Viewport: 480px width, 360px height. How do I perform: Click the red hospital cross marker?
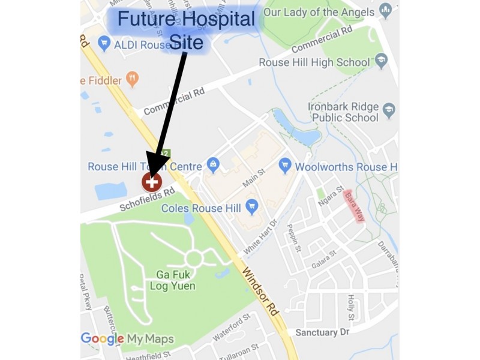pos(151,181)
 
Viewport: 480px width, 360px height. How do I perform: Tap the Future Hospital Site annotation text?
pos(186,30)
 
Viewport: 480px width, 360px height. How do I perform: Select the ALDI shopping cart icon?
pos(104,43)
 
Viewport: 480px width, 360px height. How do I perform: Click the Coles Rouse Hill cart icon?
pos(252,207)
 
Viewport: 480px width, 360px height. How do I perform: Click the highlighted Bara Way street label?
pos(353,206)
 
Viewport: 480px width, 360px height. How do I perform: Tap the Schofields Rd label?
pos(147,199)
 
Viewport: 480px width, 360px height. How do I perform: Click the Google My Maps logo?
pos(127,339)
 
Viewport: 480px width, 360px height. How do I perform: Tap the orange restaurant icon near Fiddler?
pos(133,80)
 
